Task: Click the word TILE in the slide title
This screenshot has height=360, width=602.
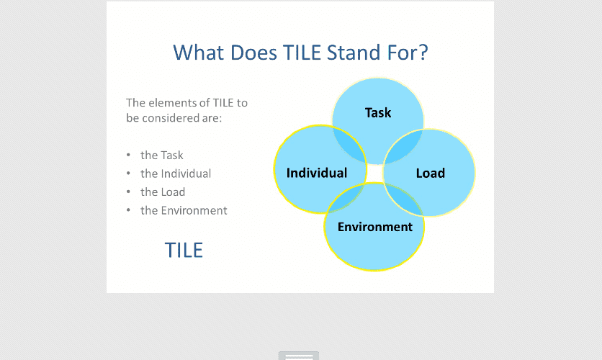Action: tap(302, 53)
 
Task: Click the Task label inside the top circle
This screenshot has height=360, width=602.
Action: tap(378, 113)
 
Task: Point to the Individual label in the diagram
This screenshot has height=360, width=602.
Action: tap(317, 173)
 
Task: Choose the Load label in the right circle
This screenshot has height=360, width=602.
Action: tap(431, 173)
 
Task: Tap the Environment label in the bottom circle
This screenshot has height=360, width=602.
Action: tap(375, 227)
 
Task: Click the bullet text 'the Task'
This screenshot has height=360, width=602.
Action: tap(161, 155)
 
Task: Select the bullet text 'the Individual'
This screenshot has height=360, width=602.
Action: tap(176, 174)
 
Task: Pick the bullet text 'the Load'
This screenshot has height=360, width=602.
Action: tap(163, 192)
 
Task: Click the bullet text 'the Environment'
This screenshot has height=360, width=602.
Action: tap(184, 210)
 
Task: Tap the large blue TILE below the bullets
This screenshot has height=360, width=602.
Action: tap(184, 251)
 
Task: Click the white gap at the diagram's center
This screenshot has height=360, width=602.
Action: tap(375, 174)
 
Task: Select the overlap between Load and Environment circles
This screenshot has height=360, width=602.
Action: tap(405, 199)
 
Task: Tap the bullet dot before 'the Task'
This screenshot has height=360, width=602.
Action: tap(128, 155)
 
